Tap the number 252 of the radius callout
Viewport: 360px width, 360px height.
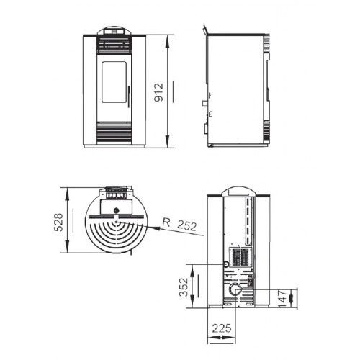click(x=186, y=225)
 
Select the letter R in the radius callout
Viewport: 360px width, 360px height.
click(x=167, y=221)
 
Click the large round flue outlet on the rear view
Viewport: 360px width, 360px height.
click(x=235, y=290)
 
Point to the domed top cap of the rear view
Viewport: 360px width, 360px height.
click(x=235, y=191)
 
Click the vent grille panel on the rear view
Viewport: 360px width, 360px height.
click(x=238, y=257)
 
